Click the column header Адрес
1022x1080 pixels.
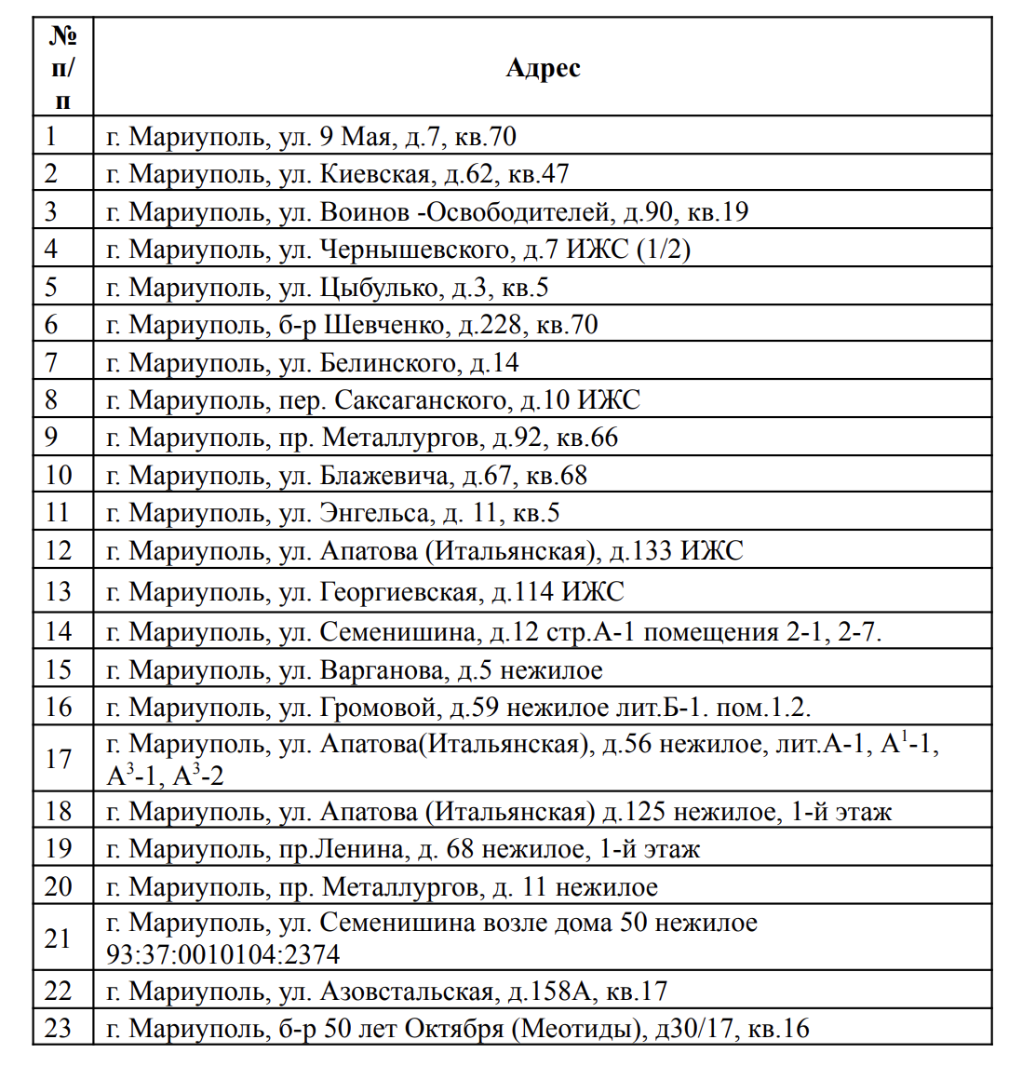tap(543, 68)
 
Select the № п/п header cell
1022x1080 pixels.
tap(62, 68)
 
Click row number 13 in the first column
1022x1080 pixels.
tap(58, 591)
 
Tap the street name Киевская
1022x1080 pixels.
tap(375, 174)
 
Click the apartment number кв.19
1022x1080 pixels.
tap(718, 211)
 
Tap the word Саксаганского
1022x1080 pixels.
tap(421, 400)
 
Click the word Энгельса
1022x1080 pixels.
tap(375, 513)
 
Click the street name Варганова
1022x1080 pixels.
tap(382, 670)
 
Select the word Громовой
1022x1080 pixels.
tap(378, 708)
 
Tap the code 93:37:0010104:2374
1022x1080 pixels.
tap(223, 955)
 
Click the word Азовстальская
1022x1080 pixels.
tap(406, 992)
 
